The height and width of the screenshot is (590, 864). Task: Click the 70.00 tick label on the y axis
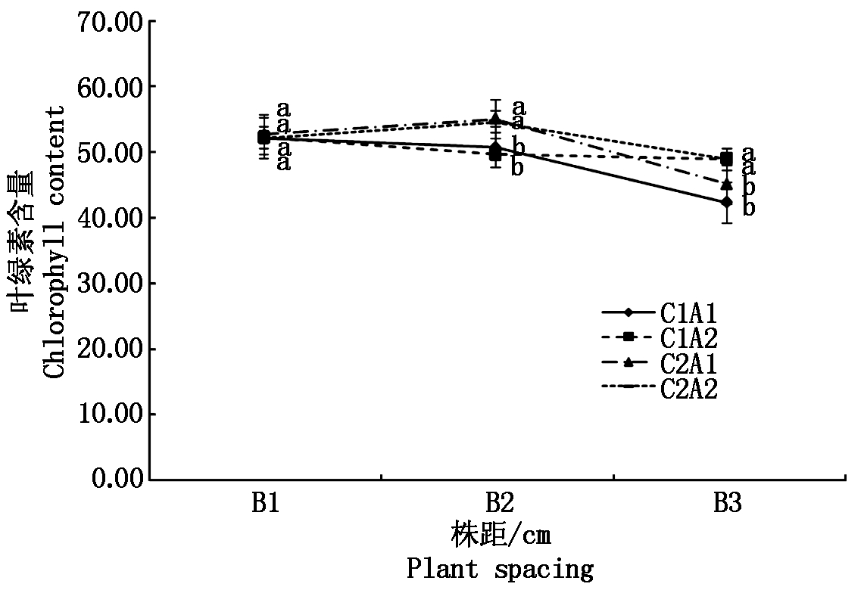click(110, 22)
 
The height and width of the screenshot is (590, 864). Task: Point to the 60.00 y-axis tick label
click(110, 87)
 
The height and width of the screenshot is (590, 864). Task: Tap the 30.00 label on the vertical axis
click(110, 284)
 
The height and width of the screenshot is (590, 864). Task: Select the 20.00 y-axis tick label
click(110, 349)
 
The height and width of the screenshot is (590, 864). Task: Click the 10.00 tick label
click(110, 415)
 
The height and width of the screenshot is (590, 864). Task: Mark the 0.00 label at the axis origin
click(117, 480)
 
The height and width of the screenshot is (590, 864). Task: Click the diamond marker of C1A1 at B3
click(727, 202)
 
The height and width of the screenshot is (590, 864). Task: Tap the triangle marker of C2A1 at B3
click(727, 184)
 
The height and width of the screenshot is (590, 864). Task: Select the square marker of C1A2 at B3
click(727, 159)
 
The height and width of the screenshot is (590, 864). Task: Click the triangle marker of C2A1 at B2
click(495, 120)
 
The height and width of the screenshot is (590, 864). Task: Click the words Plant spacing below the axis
click(500, 569)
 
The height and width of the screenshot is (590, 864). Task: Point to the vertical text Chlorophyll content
click(55, 242)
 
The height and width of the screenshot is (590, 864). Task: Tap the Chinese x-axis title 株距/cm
click(500, 536)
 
